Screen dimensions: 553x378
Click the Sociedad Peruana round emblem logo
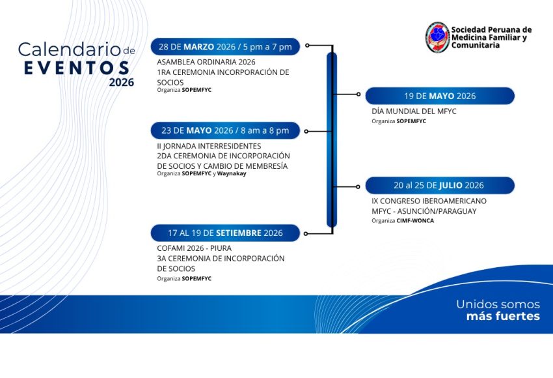pos(437,37)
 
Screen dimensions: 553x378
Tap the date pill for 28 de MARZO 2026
pos(225,47)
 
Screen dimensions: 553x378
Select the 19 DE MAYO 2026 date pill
pos(440,96)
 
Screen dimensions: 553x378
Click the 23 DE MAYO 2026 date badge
pos(225,130)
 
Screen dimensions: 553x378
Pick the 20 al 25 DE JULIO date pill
pos(440,186)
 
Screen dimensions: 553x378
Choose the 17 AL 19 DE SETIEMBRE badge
pos(225,233)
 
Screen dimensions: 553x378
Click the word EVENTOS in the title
pos(77,68)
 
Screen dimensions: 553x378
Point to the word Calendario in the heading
pos(70,50)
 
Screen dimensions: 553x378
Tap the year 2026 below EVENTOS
pos(121,82)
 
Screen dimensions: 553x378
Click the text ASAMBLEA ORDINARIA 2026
pos(206,62)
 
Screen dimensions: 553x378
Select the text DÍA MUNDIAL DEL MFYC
pos(414,111)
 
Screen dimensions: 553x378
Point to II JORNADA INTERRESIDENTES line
pos(209,146)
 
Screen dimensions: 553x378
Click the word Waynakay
pos(232,173)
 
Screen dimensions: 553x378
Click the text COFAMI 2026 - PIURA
pos(194,248)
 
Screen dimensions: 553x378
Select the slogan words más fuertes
pos(503,316)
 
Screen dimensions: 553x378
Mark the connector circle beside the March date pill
pos(307,46)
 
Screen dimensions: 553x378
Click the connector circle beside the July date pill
pos(358,186)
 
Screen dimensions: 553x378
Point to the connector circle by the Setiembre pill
pos(306,233)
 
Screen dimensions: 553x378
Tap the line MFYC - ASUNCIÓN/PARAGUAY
pos(424,211)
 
